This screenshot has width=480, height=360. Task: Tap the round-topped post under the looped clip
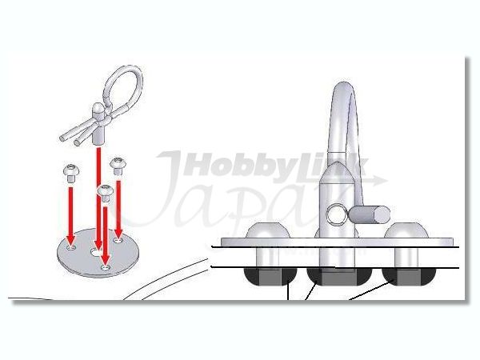[x=99, y=123]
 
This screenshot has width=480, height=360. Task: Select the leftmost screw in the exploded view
[x=71, y=174]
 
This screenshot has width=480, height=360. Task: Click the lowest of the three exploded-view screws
[x=106, y=193]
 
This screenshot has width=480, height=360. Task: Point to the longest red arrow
[x=98, y=198]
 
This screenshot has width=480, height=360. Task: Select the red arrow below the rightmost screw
[x=118, y=209]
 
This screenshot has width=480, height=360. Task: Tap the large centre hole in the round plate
[x=96, y=252]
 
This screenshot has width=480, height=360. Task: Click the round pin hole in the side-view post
[x=334, y=214]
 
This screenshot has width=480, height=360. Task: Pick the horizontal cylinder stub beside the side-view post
[x=369, y=214]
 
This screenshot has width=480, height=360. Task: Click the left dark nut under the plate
[x=269, y=276]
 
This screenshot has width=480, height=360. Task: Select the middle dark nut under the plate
[x=339, y=276]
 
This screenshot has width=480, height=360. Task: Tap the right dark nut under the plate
[x=409, y=276]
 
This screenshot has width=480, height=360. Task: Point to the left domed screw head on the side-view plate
[x=269, y=230]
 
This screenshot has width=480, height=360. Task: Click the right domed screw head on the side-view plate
[x=406, y=230]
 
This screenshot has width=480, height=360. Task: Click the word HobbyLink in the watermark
[x=275, y=166]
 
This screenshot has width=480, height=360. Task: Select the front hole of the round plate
[x=106, y=268]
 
